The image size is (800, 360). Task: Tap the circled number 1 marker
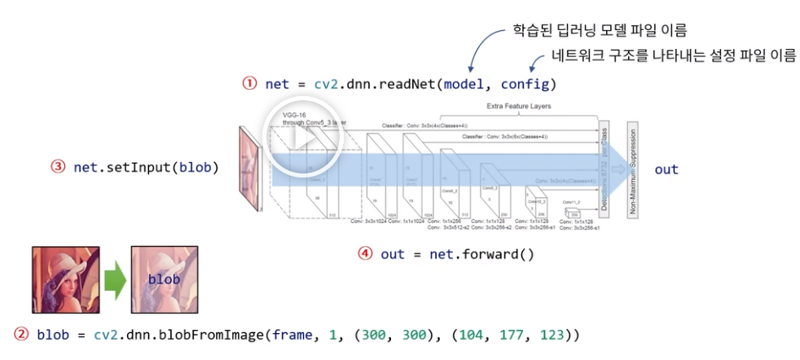(249, 83)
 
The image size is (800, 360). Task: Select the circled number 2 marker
(21, 335)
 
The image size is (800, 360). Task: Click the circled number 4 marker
(366, 253)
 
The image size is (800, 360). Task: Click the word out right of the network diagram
(666, 169)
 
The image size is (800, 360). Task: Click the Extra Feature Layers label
(519, 107)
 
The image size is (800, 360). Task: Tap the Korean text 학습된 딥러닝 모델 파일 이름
(600, 31)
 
